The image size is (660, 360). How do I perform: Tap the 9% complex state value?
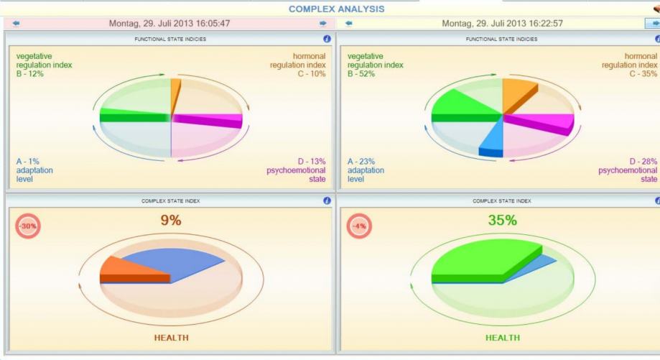pyautogui.click(x=170, y=221)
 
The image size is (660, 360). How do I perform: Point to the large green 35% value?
pyautogui.click(x=503, y=221)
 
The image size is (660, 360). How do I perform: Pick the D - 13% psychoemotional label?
pyautogui.click(x=310, y=162)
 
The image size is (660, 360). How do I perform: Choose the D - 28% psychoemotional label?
pyautogui.click(x=643, y=162)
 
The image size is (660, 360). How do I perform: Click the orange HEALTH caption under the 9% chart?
pyautogui.click(x=170, y=336)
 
